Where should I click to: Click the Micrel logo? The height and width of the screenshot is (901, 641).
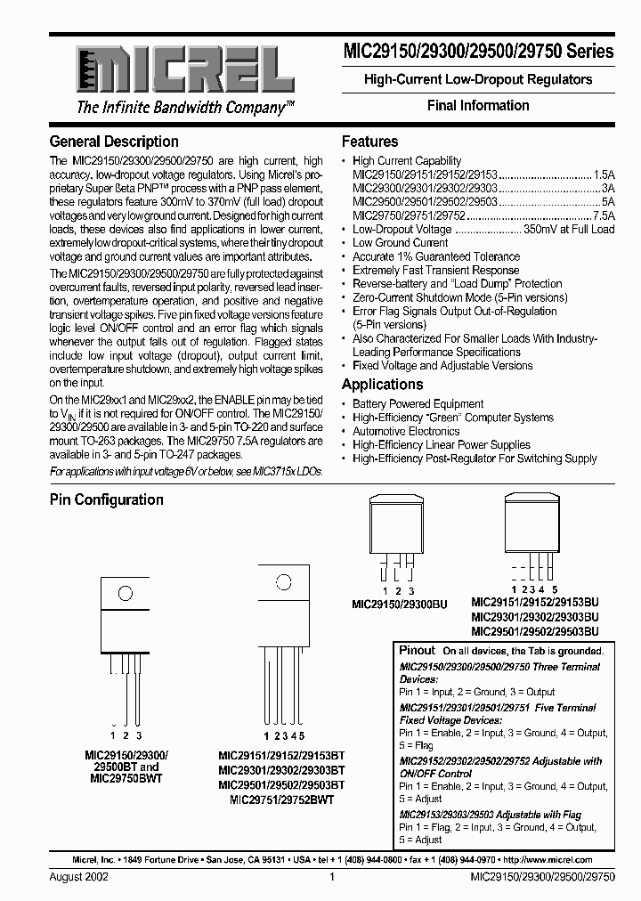174,68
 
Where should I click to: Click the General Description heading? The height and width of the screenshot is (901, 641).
114,142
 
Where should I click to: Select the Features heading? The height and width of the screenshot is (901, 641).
369,142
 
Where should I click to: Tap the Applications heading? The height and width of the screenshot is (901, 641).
382,385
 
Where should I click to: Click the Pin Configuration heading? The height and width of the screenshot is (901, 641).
106,499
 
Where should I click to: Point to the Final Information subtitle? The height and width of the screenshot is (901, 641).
478,105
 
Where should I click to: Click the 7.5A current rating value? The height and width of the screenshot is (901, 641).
603,215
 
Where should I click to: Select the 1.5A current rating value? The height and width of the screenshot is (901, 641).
603,175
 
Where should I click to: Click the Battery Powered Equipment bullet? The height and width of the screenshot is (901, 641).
418,404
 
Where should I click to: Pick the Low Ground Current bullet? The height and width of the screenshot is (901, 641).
400,242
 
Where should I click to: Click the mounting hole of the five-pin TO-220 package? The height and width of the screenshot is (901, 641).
284,584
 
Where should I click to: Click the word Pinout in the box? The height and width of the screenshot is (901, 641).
418,651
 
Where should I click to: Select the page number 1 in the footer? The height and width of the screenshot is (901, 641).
331,877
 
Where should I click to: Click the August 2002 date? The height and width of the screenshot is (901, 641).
80,877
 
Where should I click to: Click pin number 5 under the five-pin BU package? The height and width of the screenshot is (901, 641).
555,589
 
